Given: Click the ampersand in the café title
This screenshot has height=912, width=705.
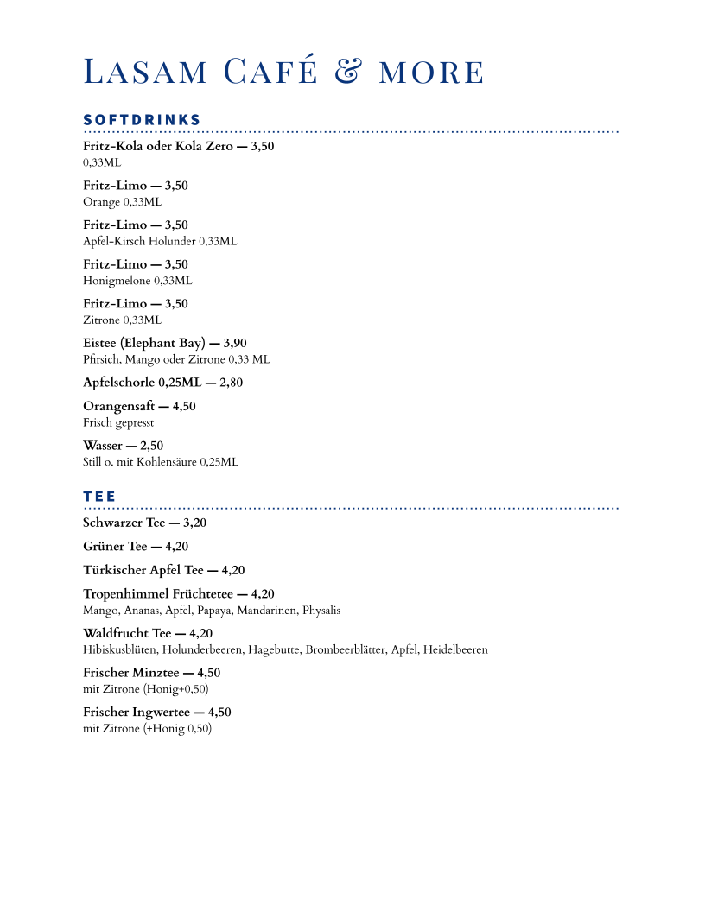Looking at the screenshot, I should tap(346, 73).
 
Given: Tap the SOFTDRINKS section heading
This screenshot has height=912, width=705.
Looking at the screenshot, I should tap(142, 120).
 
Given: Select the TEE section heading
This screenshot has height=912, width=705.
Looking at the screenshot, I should tap(99, 497).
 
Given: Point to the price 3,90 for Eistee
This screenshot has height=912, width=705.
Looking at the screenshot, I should tap(235, 344).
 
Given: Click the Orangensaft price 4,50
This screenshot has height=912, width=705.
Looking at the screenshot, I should tap(184, 407).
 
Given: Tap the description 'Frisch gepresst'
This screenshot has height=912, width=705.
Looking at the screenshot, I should tap(118, 423).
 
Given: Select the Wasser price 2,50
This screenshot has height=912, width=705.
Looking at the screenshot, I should tap(151, 446).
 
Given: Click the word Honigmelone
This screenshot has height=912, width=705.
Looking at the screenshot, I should tap(117, 281).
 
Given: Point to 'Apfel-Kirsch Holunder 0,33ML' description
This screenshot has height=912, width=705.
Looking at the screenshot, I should tap(160, 242).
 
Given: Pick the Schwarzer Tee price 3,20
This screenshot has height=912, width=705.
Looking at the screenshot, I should tap(194, 523).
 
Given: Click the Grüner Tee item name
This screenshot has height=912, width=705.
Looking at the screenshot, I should tap(115, 547).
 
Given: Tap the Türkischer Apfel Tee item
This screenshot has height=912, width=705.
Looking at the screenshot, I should tap(143, 570).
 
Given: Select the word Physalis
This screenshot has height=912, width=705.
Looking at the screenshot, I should tap(321, 611).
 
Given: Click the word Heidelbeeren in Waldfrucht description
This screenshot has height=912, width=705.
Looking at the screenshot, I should tap(455, 650).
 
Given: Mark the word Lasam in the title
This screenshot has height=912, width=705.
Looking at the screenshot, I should tap(145, 73).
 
